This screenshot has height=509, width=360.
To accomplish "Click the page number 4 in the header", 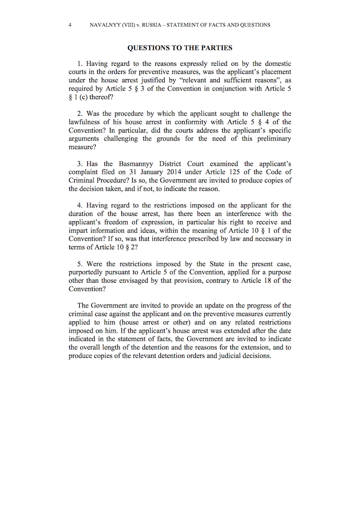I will click(x=69, y=25).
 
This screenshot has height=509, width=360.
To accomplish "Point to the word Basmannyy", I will click(x=139, y=164).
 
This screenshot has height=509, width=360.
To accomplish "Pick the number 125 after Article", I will click(x=238, y=172).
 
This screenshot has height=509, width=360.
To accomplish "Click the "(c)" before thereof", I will click(x=82, y=97).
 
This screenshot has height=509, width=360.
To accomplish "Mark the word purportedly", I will click(x=88, y=272).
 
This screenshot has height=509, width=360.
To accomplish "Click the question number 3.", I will click(x=80, y=164).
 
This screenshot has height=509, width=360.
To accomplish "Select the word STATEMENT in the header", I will click(x=194, y=25).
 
